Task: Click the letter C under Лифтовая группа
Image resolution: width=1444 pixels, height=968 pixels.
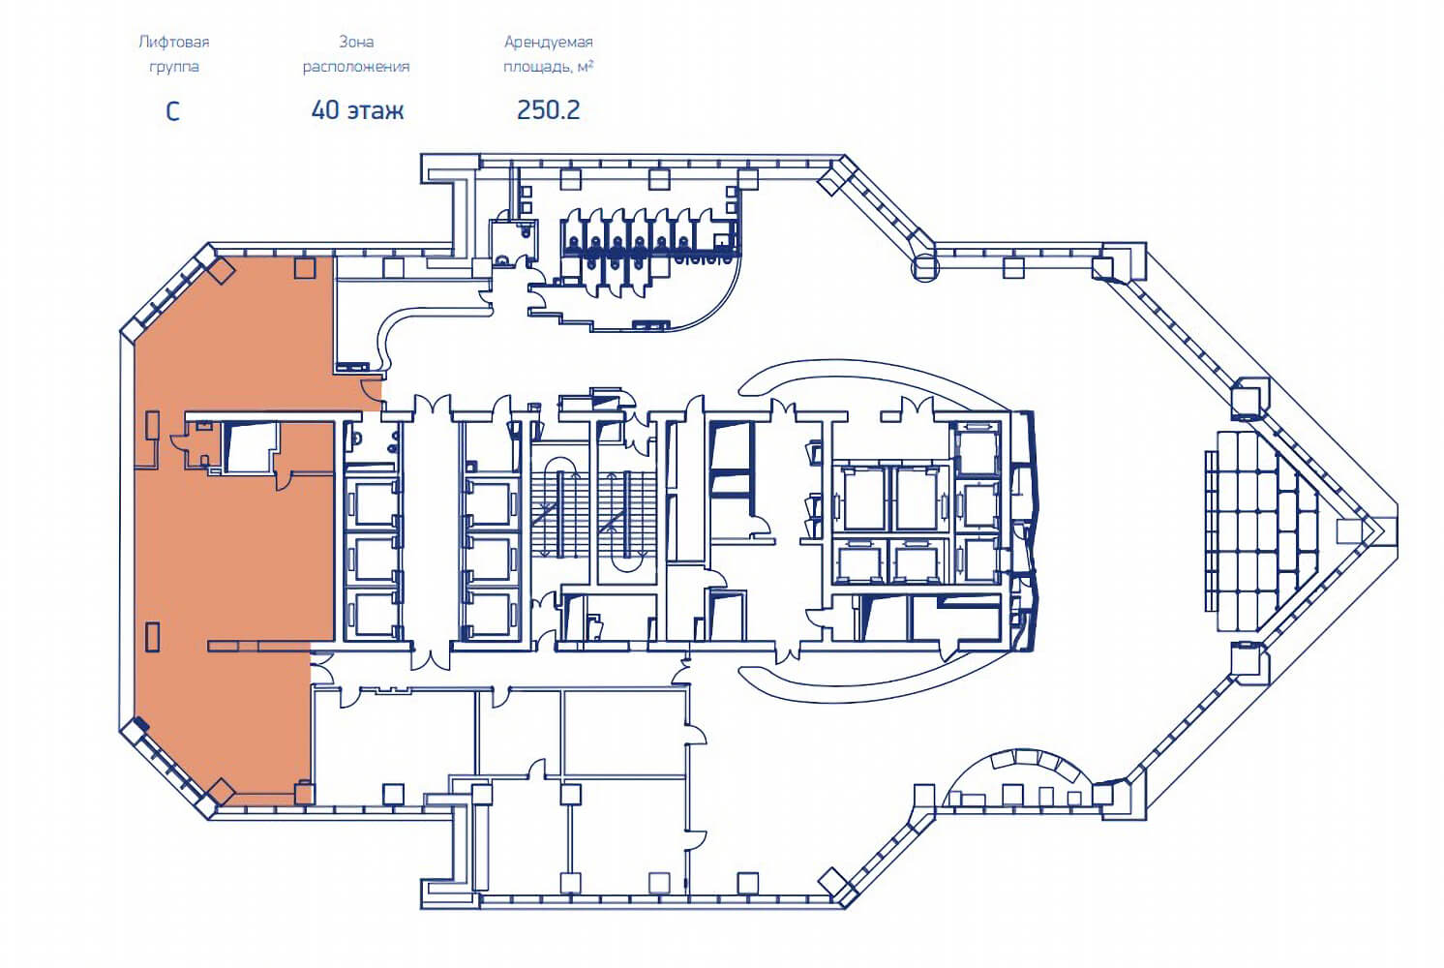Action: click(x=173, y=111)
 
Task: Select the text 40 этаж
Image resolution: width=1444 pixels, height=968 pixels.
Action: click(x=358, y=110)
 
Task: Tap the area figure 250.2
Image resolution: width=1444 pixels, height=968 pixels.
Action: click(x=549, y=110)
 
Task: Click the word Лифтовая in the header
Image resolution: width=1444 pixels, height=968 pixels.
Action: click(x=174, y=42)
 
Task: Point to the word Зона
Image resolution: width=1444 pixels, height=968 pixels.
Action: click(x=356, y=42)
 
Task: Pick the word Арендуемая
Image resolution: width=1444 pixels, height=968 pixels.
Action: click(x=549, y=43)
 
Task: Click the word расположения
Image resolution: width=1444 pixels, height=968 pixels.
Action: click(x=356, y=67)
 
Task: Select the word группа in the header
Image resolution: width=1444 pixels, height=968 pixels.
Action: click(x=174, y=67)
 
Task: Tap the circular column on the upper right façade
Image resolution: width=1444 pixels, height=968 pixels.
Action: click(x=925, y=267)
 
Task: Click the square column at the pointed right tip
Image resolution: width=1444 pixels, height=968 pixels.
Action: click(x=1348, y=530)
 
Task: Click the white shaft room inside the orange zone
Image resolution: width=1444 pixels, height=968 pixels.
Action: click(x=250, y=447)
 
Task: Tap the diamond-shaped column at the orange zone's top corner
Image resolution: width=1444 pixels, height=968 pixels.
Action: click(x=221, y=270)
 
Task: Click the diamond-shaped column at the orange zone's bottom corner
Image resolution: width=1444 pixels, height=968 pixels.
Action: click(x=221, y=791)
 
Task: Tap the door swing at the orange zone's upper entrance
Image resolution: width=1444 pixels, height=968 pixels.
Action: click(x=371, y=390)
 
